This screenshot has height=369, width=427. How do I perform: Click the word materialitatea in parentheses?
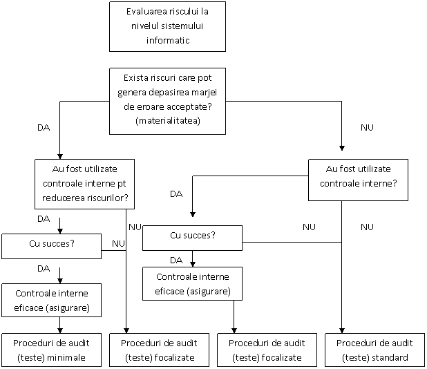pos(168,120)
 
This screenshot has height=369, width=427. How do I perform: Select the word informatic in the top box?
pos(168,40)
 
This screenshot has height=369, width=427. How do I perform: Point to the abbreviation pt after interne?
pos(122,184)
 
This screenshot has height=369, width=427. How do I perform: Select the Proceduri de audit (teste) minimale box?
pos(51,350)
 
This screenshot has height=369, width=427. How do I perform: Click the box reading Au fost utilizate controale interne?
pos(358,180)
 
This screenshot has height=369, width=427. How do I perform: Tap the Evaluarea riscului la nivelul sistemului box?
pos(167,27)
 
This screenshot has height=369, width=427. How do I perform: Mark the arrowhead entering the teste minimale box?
pos(60,330)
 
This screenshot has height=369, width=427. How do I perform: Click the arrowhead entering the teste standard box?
pos(342,330)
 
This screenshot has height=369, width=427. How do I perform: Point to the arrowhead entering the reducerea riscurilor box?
pos(60,156)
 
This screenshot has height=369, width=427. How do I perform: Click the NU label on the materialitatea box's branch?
pos(367,127)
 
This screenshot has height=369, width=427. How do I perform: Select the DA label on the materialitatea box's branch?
pos(44,127)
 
